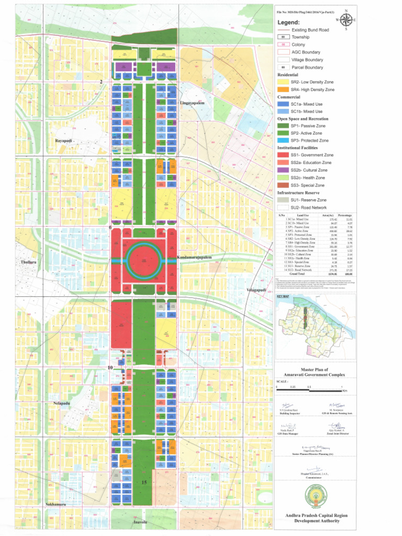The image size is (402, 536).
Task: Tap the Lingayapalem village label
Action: [192, 103]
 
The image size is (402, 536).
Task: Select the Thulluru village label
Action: [27, 262]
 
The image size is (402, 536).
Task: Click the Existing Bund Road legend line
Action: [283, 30]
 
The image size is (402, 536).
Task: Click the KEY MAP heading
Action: [283, 296]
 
